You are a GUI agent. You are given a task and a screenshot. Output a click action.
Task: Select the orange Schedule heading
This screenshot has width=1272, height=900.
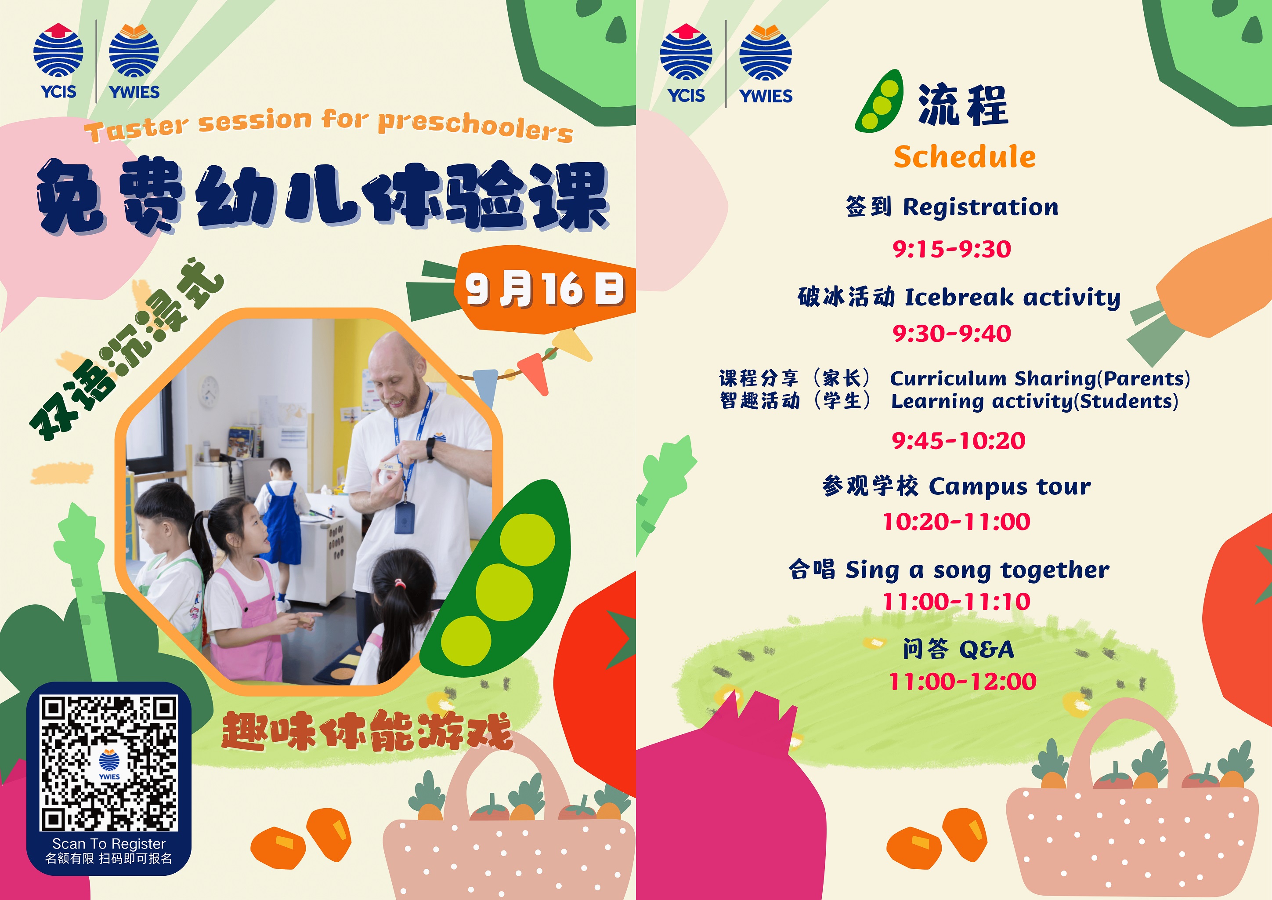point(965,156)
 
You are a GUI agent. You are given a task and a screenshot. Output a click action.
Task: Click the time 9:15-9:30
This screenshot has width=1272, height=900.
point(952,249)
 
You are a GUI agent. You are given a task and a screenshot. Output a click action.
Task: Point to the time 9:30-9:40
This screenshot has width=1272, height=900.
point(952,334)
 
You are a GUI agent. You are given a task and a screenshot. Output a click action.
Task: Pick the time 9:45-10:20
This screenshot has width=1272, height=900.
point(958,441)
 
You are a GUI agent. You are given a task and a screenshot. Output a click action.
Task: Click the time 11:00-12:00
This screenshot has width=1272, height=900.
point(963,682)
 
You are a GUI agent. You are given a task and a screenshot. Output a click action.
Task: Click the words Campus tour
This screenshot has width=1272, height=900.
point(1010,486)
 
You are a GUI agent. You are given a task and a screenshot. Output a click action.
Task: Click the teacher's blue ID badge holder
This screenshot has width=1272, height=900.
point(404,519)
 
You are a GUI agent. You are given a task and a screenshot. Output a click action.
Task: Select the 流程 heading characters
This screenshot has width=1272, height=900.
point(963,105)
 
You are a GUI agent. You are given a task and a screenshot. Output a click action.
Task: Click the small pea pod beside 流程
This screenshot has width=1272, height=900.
point(879,101)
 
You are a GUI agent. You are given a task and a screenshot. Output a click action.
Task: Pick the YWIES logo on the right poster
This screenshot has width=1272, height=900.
point(766,64)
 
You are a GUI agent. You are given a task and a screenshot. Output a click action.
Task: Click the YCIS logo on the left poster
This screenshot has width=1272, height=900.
point(58,61)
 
